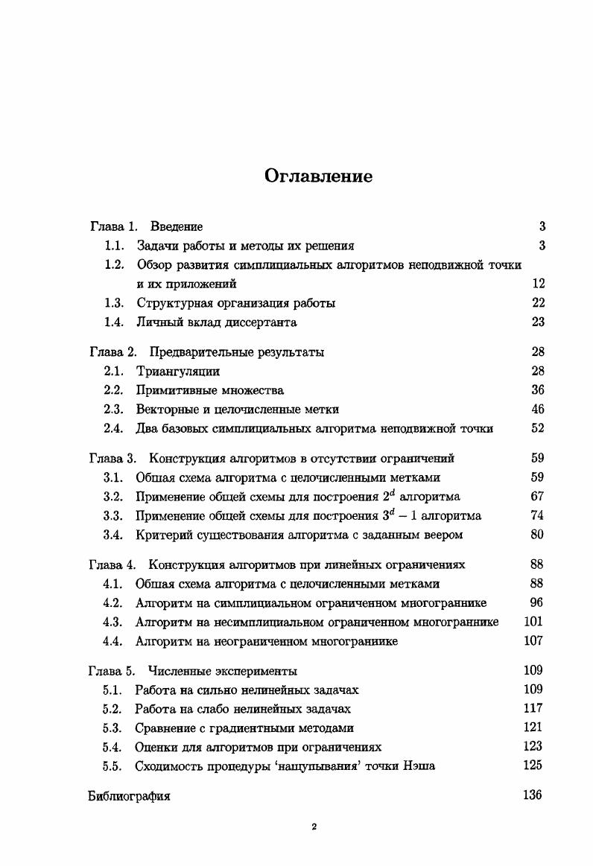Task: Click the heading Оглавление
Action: pyautogui.click(x=318, y=176)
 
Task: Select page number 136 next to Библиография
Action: pyautogui.click(x=532, y=795)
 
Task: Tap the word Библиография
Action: pyautogui.click(x=129, y=797)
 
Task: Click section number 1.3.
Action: pyautogui.click(x=114, y=303)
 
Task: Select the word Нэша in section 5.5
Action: pyautogui.click(x=420, y=765)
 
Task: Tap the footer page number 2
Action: pyautogui.click(x=314, y=827)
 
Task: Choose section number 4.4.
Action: pyautogui.click(x=113, y=641)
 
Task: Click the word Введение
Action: pyautogui.click(x=176, y=226)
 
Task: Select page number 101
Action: pyautogui.click(x=533, y=622)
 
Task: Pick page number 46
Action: pyautogui.click(x=538, y=409)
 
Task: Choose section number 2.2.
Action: pyautogui.click(x=114, y=390)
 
